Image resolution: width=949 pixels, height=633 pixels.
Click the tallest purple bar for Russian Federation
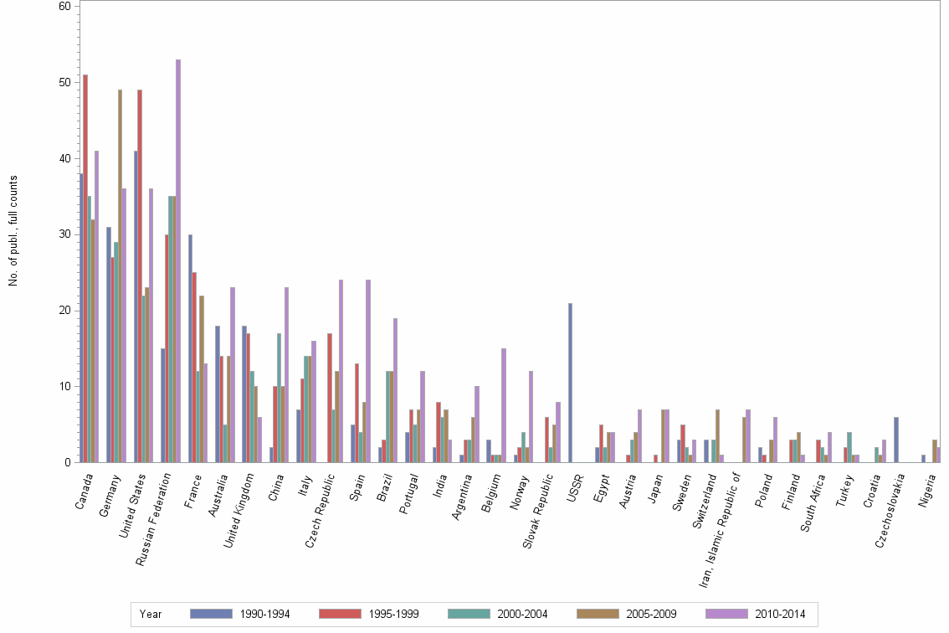pos(178,260)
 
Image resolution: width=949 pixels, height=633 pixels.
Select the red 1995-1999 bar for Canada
pos(85,268)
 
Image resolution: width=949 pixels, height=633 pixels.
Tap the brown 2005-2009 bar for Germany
pos(120,275)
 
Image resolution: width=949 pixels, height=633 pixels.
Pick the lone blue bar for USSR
pos(570,382)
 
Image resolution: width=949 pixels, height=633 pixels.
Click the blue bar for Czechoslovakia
pos(896,440)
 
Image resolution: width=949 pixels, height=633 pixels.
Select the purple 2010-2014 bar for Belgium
pos(504,405)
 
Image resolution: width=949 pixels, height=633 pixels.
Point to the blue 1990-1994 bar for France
pos(190,348)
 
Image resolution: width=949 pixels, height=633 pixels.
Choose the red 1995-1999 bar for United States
pos(140,275)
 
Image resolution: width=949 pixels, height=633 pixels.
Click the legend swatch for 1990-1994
pos(210,614)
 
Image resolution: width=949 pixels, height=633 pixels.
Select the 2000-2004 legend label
pos(522,615)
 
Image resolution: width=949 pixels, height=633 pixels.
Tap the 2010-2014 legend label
pos(780,615)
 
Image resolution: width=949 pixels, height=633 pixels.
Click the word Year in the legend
pos(151,615)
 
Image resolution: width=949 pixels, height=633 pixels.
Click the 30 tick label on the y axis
pos(64,234)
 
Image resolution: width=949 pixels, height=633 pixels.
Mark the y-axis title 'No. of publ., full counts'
pos(13,231)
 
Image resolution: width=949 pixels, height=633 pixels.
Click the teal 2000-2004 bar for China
pos(280,398)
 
